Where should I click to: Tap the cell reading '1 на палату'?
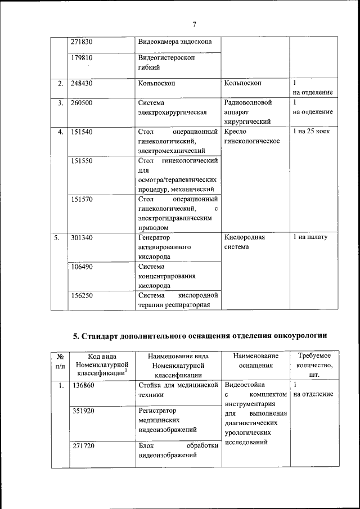(x=310, y=237)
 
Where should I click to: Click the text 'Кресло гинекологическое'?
(x=252, y=136)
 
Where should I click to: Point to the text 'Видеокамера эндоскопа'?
(x=175, y=42)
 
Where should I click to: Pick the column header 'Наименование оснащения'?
(x=256, y=361)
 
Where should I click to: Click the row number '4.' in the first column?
(x=60, y=132)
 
